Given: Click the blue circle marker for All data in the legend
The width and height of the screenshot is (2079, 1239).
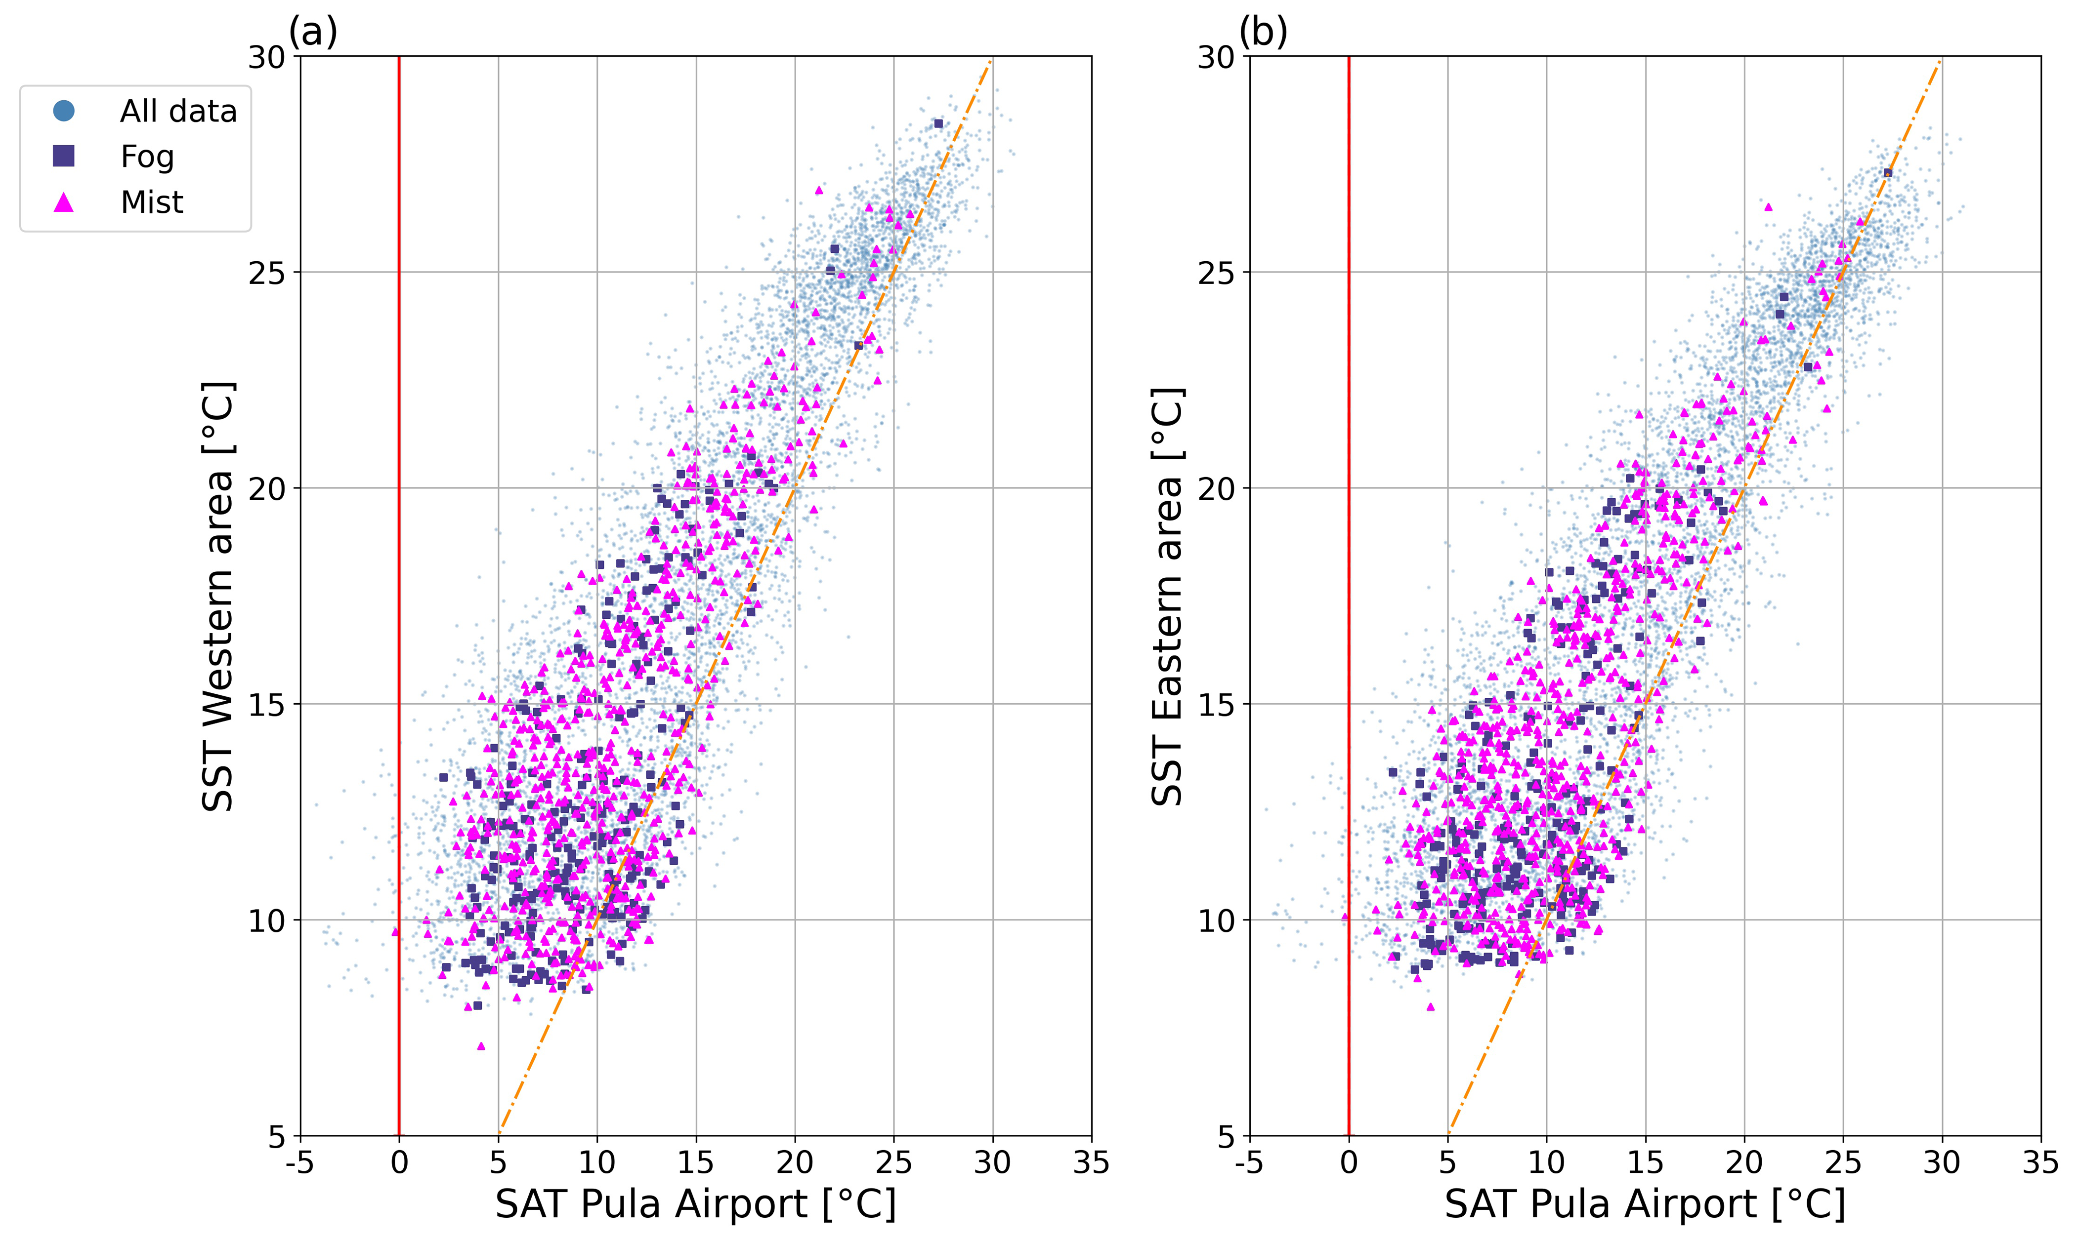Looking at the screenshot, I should tap(63, 110).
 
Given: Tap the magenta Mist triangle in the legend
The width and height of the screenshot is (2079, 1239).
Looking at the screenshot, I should tap(63, 202).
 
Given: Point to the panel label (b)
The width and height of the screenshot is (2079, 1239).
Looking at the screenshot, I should tap(1263, 32).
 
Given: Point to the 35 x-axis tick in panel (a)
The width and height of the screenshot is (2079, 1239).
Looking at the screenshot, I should tap(1091, 1162).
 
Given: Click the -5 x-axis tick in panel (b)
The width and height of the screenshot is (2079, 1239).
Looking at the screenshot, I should tap(1250, 1162).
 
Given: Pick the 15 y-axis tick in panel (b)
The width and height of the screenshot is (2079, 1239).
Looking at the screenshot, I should tap(1216, 704).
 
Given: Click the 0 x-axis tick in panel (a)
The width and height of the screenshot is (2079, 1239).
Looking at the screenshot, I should tap(399, 1162).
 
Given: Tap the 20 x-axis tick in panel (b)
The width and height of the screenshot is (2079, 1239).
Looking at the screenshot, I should tap(1744, 1162).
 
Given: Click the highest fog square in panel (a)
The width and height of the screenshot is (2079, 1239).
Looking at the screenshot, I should tap(938, 123).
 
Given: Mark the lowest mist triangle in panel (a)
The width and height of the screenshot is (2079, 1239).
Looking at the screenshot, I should tap(480, 1046).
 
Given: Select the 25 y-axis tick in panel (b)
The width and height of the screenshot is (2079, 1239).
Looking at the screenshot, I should tap(1216, 272).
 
